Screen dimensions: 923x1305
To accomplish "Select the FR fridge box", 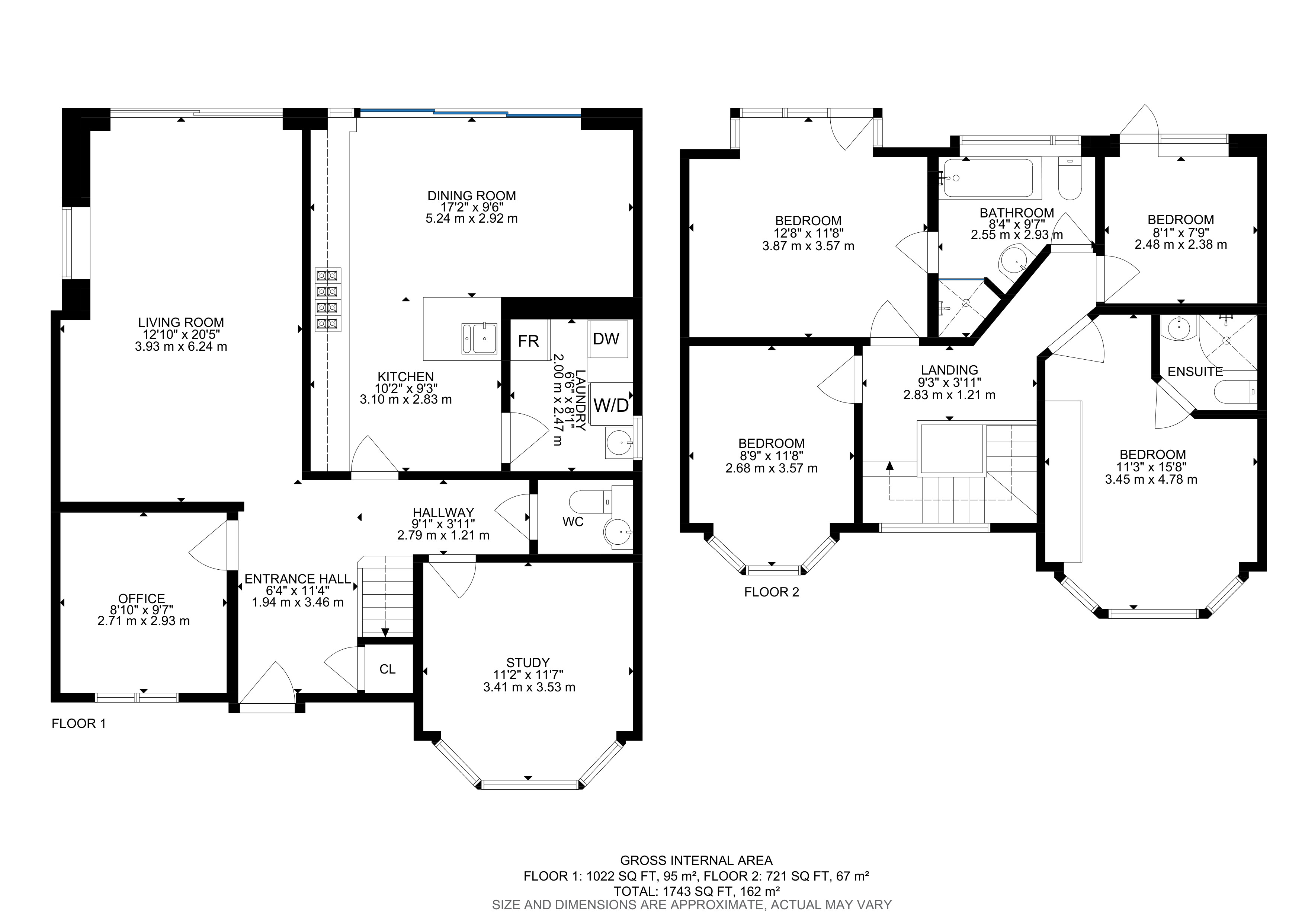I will pyautogui.click(x=529, y=341).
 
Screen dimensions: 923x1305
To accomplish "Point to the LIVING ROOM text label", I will pyautogui.click(x=181, y=322).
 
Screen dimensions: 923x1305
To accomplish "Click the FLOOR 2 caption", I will pyautogui.click(x=771, y=592).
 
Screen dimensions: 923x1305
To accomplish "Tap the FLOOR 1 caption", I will pyautogui.click(x=78, y=723).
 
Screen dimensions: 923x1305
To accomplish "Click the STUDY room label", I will pyautogui.click(x=528, y=662).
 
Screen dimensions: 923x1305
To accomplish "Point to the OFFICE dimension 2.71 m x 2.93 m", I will pyautogui.click(x=143, y=621).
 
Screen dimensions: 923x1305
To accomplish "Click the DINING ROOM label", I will pyautogui.click(x=471, y=195).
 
